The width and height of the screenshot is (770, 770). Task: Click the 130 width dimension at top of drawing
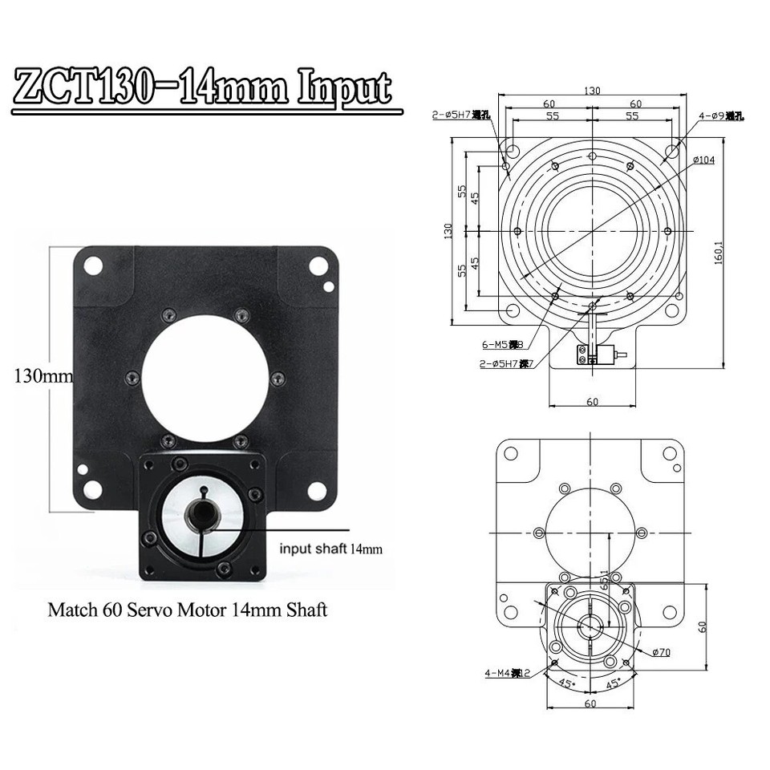tap(591, 91)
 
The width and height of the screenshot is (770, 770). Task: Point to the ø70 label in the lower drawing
tap(660, 652)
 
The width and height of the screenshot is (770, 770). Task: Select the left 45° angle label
tap(565, 684)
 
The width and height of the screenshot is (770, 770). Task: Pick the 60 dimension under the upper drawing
tap(591, 402)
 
